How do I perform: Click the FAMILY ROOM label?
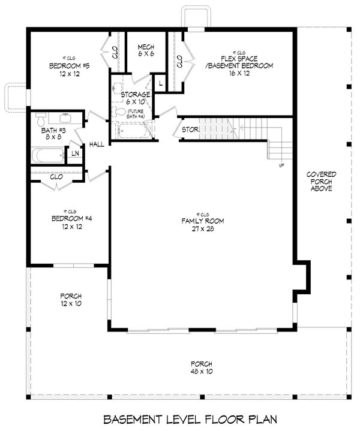tap(203, 221)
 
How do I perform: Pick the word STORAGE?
tap(135, 95)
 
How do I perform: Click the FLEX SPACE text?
tap(239, 59)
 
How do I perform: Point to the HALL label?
tap(97, 144)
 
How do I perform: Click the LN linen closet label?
tap(75, 153)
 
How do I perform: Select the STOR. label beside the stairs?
tap(191, 128)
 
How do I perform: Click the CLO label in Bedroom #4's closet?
tap(57, 177)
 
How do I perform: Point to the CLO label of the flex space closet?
tap(179, 61)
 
